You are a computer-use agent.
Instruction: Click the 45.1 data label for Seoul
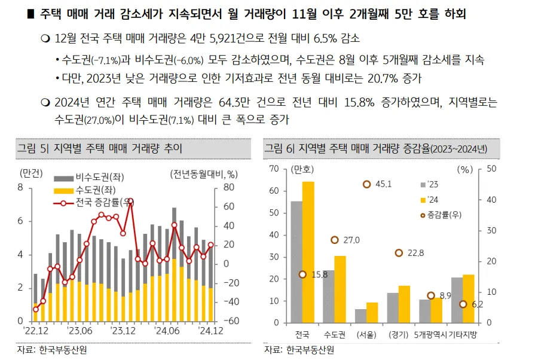[383, 184]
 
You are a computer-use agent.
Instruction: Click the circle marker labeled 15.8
[302, 274]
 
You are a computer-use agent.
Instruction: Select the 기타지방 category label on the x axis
[463, 334]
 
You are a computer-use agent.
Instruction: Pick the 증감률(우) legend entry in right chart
[444, 214]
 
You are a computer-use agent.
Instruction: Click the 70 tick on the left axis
[275, 169]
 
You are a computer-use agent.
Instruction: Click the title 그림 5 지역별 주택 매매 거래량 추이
[99, 148]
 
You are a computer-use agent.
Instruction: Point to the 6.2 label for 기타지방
[477, 304]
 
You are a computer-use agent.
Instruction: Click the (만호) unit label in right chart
[302, 169]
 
